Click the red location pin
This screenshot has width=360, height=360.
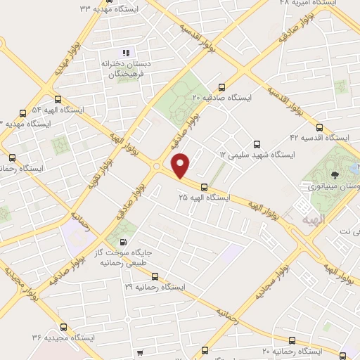(181, 165)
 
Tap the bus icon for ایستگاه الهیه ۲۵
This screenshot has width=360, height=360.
(204, 187)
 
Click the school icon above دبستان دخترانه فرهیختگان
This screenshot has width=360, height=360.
(127, 53)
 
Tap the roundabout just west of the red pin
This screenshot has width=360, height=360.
(156, 167)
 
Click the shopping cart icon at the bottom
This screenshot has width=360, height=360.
(142, 352)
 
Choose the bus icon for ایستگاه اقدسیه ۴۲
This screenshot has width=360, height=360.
(320, 128)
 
